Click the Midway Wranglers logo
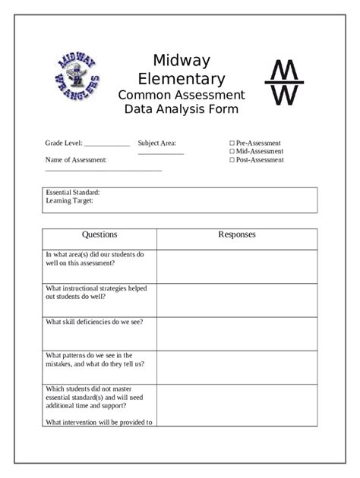77,77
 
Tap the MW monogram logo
283,83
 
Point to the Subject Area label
156,143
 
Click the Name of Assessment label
76,160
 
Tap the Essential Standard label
73,193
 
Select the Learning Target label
69,201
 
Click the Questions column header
99,235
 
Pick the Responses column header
237,235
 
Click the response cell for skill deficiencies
237,333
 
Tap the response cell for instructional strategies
237,300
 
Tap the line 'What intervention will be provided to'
99,423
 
